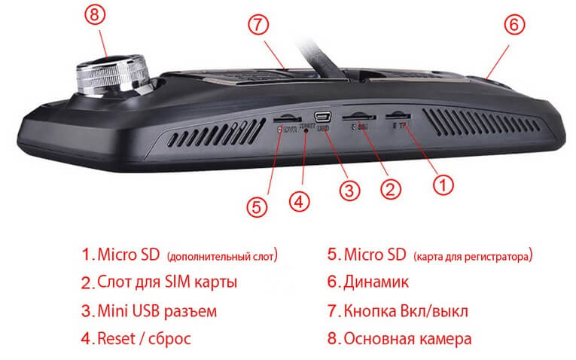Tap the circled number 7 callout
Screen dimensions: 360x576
pyautogui.click(x=258, y=25)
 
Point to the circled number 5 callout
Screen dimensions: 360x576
pyautogui.click(x=258, y=206)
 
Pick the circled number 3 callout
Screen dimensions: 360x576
pyautogui.click(x=346, y=191)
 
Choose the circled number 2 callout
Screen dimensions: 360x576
pyautogui.click(x=389, y=187)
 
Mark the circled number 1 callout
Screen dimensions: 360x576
pyautogui.click(x=443, y=182)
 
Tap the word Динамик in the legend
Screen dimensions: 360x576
pyautogui.click(x=376, y=283)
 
